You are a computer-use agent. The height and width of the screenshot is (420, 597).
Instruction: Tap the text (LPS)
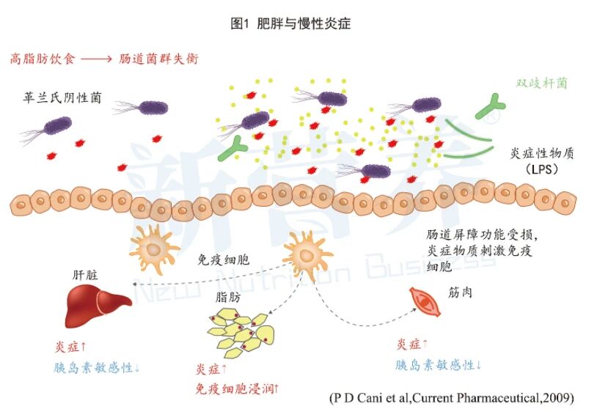pyautogui.click(x=543, y=169)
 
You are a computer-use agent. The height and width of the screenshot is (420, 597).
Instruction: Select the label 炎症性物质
pyautogui.click(x=544, y=154)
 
